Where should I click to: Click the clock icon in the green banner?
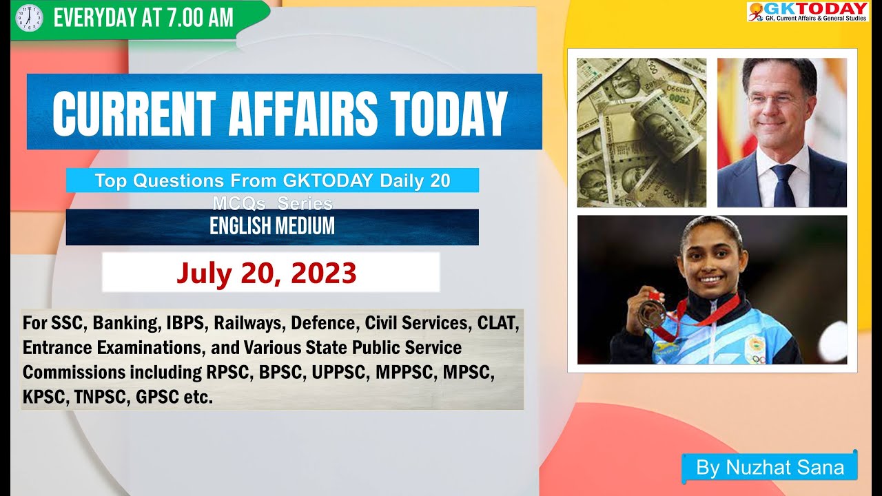[x=28, y=18]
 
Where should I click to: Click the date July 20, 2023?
[x=267, y=273]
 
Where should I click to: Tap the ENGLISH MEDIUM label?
[x=272, y=226]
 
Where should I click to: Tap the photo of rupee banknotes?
[x=641, y=132]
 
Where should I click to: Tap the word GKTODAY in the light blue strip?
[x=328, y=180]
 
